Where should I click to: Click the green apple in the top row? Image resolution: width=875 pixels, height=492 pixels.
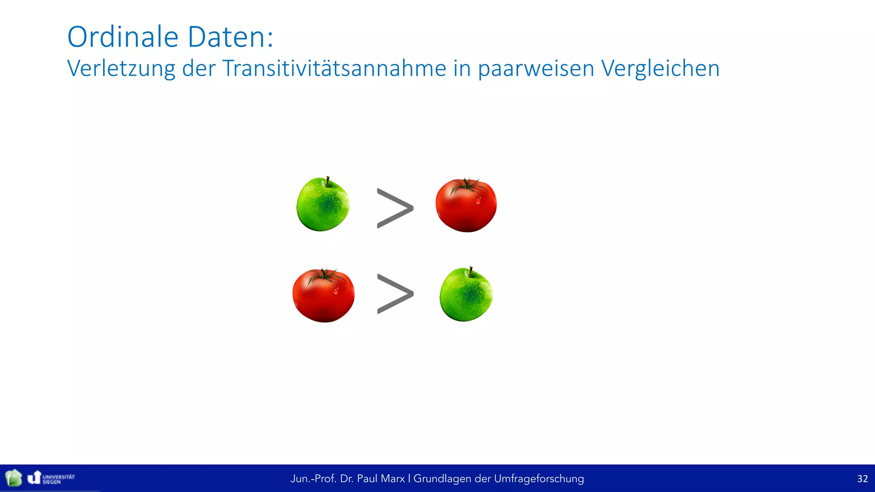pos(323,205)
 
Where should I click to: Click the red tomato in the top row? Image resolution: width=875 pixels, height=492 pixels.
pos(466,206)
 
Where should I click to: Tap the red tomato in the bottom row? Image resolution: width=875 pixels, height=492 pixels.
pos(323,296)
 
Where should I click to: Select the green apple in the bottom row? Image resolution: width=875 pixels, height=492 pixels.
pos(466,295)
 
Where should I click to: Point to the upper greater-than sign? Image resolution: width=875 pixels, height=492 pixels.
pos(395,208)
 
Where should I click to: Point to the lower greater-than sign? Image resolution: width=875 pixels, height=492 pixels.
pos(395,294)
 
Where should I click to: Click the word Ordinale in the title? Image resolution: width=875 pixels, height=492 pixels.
pos(123,37)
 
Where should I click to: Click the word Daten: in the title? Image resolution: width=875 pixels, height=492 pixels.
pos(230,37)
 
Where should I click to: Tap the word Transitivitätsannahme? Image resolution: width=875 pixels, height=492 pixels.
pos(334,68)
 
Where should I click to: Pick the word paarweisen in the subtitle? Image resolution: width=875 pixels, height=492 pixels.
pos(536,68)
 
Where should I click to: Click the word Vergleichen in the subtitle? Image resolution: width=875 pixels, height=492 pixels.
pos(660,68)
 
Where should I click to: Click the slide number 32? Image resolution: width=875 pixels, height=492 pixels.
pos(862,479)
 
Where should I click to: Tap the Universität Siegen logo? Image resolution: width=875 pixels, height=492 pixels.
pos(51,478)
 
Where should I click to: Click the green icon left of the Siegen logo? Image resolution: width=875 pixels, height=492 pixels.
pos(14,478)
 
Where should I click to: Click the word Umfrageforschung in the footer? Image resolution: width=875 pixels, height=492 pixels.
pos(539,479)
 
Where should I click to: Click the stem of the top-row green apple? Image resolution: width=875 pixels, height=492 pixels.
pos(328,182)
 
